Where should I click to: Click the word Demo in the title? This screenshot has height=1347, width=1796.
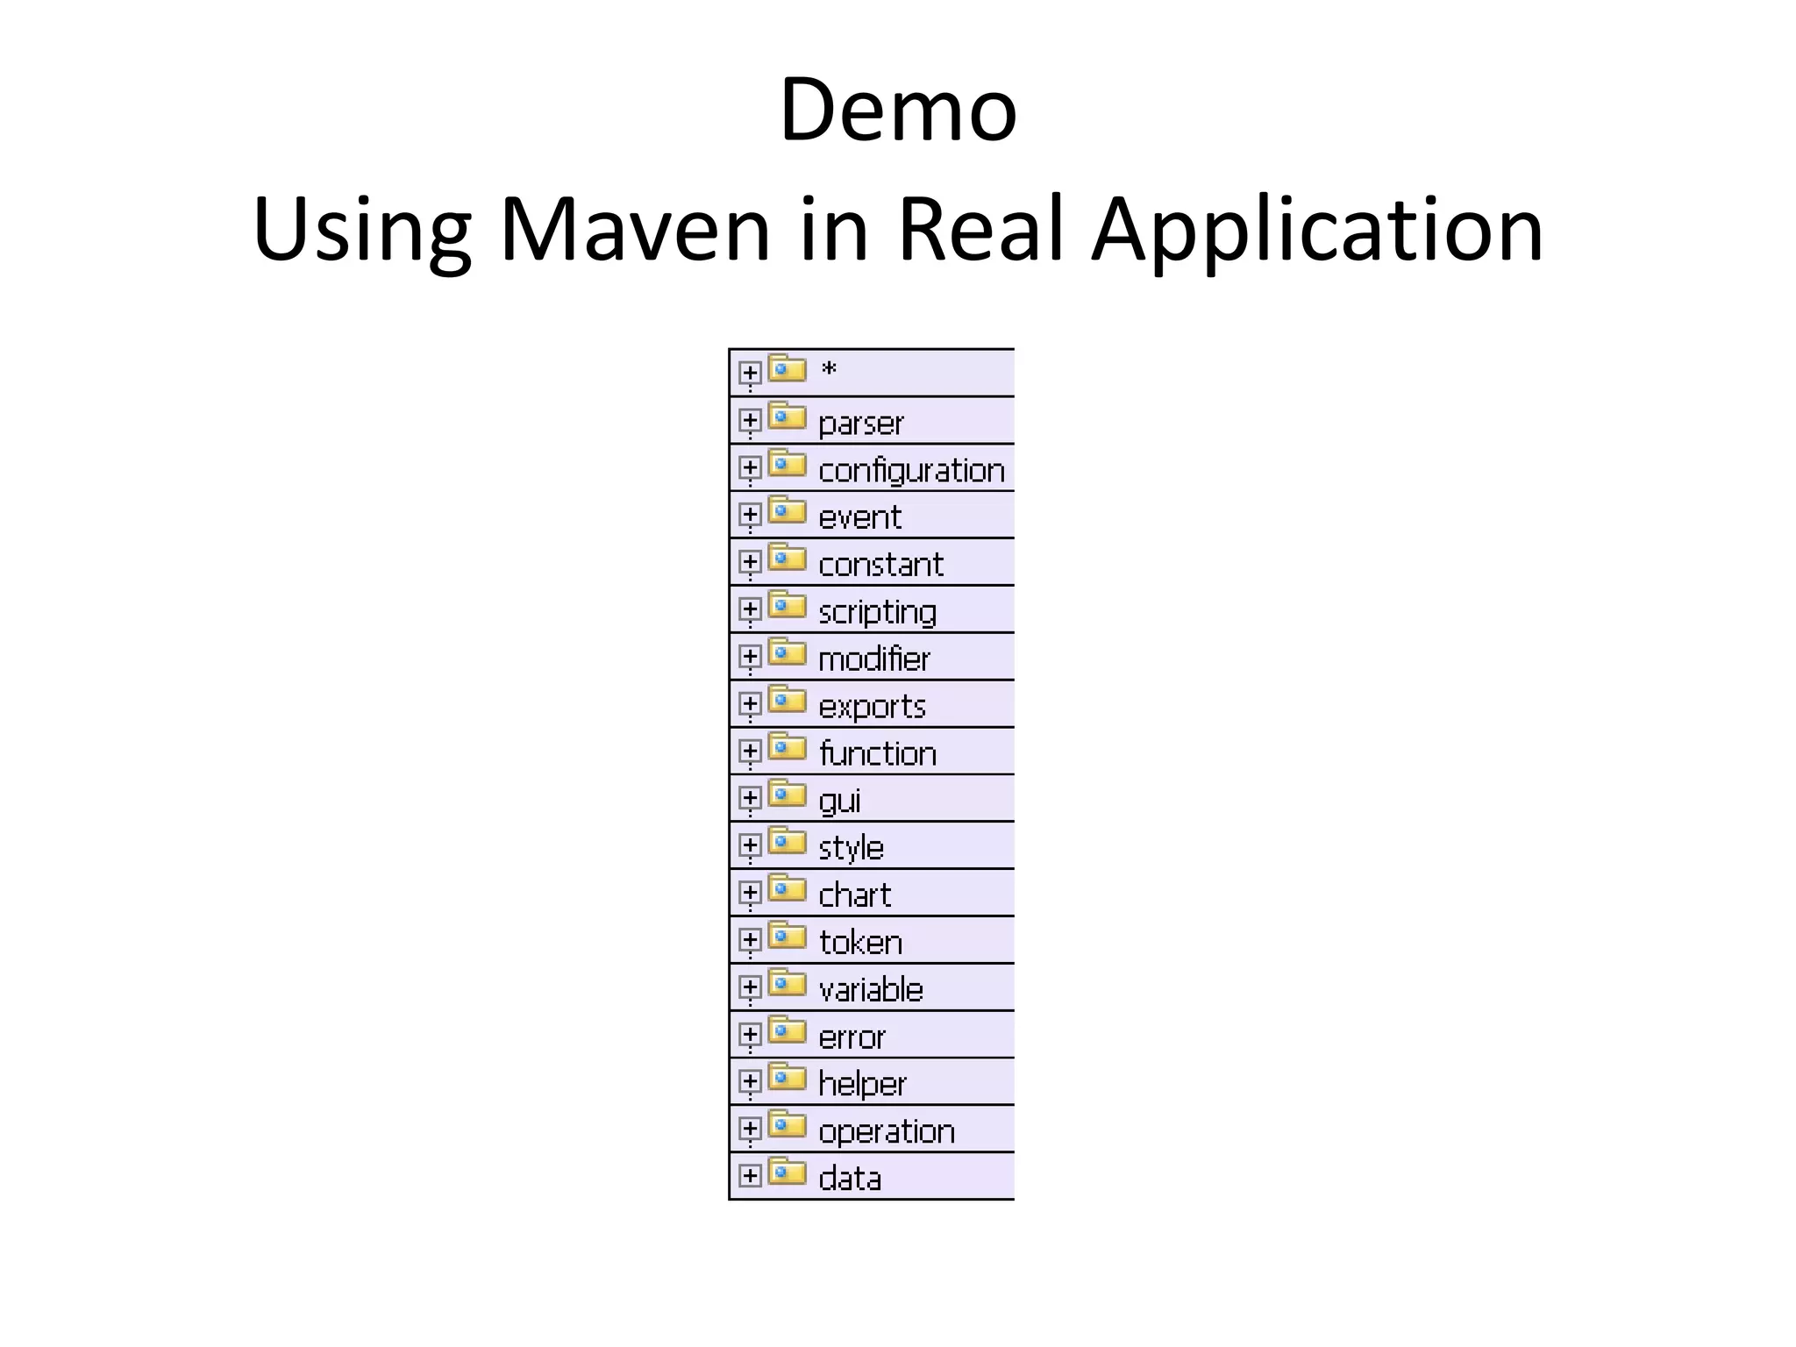(x=897, y=110)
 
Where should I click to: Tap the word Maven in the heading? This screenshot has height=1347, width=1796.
(x=635, y=230)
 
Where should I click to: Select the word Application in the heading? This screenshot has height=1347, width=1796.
(x=1316, y=230)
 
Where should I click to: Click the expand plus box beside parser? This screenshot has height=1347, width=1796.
(x=749, y=421)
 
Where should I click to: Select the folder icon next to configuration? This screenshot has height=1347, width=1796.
(x=787, y=464)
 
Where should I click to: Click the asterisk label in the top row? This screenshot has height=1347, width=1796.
(x=829, y=371)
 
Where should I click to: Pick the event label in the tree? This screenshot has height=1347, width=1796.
(x=859, y=517)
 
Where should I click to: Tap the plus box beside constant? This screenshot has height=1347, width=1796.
(x=749, y=562)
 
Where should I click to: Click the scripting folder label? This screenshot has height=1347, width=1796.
(x=877, y=612)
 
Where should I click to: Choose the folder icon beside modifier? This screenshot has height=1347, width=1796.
(x=787, y=653)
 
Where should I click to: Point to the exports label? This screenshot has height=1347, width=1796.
(x=872, y=707)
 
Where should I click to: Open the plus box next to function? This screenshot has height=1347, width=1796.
(x=749, y=752)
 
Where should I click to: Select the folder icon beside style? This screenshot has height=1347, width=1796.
(x=787, y=843)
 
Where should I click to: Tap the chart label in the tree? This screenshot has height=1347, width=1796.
(x=854, y=895)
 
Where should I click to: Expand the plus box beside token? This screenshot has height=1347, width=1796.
(x=749, y=940)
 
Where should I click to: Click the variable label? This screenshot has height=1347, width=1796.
(x=871, y=990)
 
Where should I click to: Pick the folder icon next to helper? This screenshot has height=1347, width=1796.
(x=787, y=1078)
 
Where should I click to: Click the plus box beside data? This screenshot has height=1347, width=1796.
(x=749, y=1175)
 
